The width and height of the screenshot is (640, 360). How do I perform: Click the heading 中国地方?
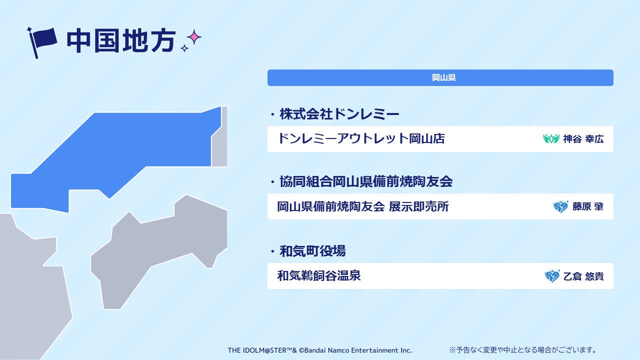coord(120,40)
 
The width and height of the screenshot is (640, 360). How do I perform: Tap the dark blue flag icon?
coord(42,43)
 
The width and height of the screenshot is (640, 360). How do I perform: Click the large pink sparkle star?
coord(194,37)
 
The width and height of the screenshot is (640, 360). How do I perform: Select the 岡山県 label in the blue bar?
coord(443,77)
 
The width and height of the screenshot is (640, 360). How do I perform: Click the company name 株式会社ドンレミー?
coord(339,114)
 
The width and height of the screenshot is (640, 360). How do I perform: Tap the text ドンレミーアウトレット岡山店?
coord(361,138)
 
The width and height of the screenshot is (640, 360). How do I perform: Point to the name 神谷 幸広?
coord(583,139)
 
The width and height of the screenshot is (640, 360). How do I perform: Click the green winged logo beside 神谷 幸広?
coord(551,138)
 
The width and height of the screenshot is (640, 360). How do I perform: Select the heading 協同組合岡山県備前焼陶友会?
coord(366,181)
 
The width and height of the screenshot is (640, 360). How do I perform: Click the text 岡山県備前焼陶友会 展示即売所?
coord(363,206)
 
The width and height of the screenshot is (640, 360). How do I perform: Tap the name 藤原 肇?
coord(587,206)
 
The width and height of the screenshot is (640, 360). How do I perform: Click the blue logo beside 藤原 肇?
coord(560,206)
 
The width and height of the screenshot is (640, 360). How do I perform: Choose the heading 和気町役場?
coord(312,251)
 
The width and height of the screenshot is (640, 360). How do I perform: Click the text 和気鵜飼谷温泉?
coord(319,276)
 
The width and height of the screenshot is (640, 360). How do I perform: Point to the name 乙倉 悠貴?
coord(583,276)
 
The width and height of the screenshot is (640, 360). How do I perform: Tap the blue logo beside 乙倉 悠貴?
coord(552,276)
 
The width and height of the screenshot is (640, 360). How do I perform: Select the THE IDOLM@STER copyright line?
coord(319,350)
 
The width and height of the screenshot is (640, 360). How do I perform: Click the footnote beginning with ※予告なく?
coord(522,349)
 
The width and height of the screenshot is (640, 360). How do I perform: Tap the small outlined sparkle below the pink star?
coord(184,48)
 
